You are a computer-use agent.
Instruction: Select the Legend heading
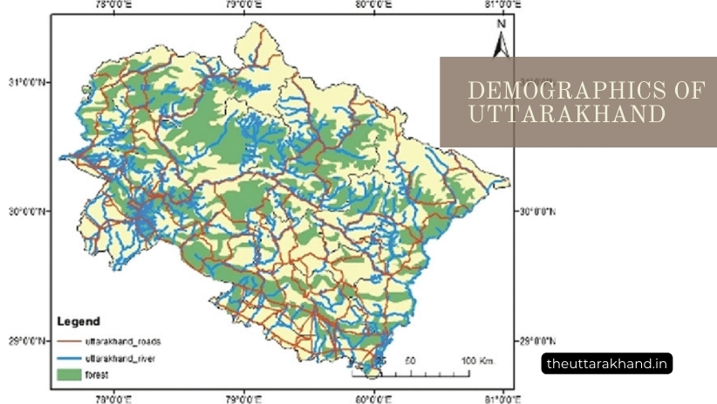79,321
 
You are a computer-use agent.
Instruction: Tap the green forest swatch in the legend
69,376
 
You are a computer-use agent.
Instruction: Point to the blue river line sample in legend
69,359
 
